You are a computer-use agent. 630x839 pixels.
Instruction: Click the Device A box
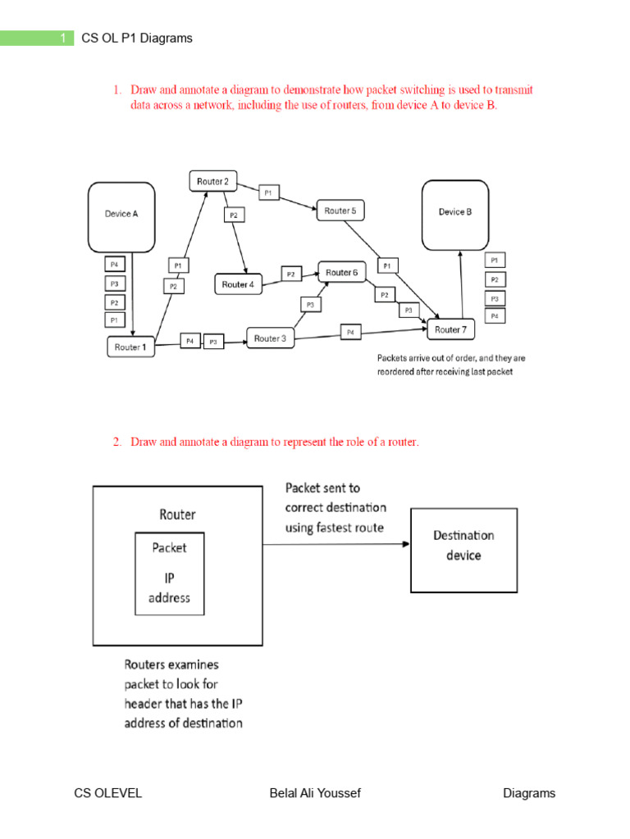point(121,216)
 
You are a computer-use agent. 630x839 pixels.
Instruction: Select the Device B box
point(454,215)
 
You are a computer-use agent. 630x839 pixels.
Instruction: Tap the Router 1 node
point(131,347)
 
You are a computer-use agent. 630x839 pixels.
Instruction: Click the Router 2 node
point(213,180)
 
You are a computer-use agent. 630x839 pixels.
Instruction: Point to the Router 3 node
point(271,338)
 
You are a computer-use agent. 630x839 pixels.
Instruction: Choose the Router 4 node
point(239,284)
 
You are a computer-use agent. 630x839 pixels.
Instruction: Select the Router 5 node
point(340,211)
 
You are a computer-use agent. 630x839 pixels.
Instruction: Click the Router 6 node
point(342,272)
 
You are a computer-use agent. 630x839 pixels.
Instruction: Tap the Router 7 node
point(450,329)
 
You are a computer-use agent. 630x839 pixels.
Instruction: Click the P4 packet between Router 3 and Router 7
point(350,332)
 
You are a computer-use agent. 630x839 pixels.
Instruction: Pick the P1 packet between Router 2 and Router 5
point(269,193)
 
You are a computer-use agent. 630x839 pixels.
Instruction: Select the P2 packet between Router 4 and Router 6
point(291,274)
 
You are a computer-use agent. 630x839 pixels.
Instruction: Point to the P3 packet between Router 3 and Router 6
point(310,305)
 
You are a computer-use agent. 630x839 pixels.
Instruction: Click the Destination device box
point(463,546)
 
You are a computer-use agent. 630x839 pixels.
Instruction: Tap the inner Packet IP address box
point(170,573)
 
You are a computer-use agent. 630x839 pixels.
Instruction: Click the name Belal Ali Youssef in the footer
point(315,793)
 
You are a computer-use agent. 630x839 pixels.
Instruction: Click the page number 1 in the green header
point(62,38)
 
